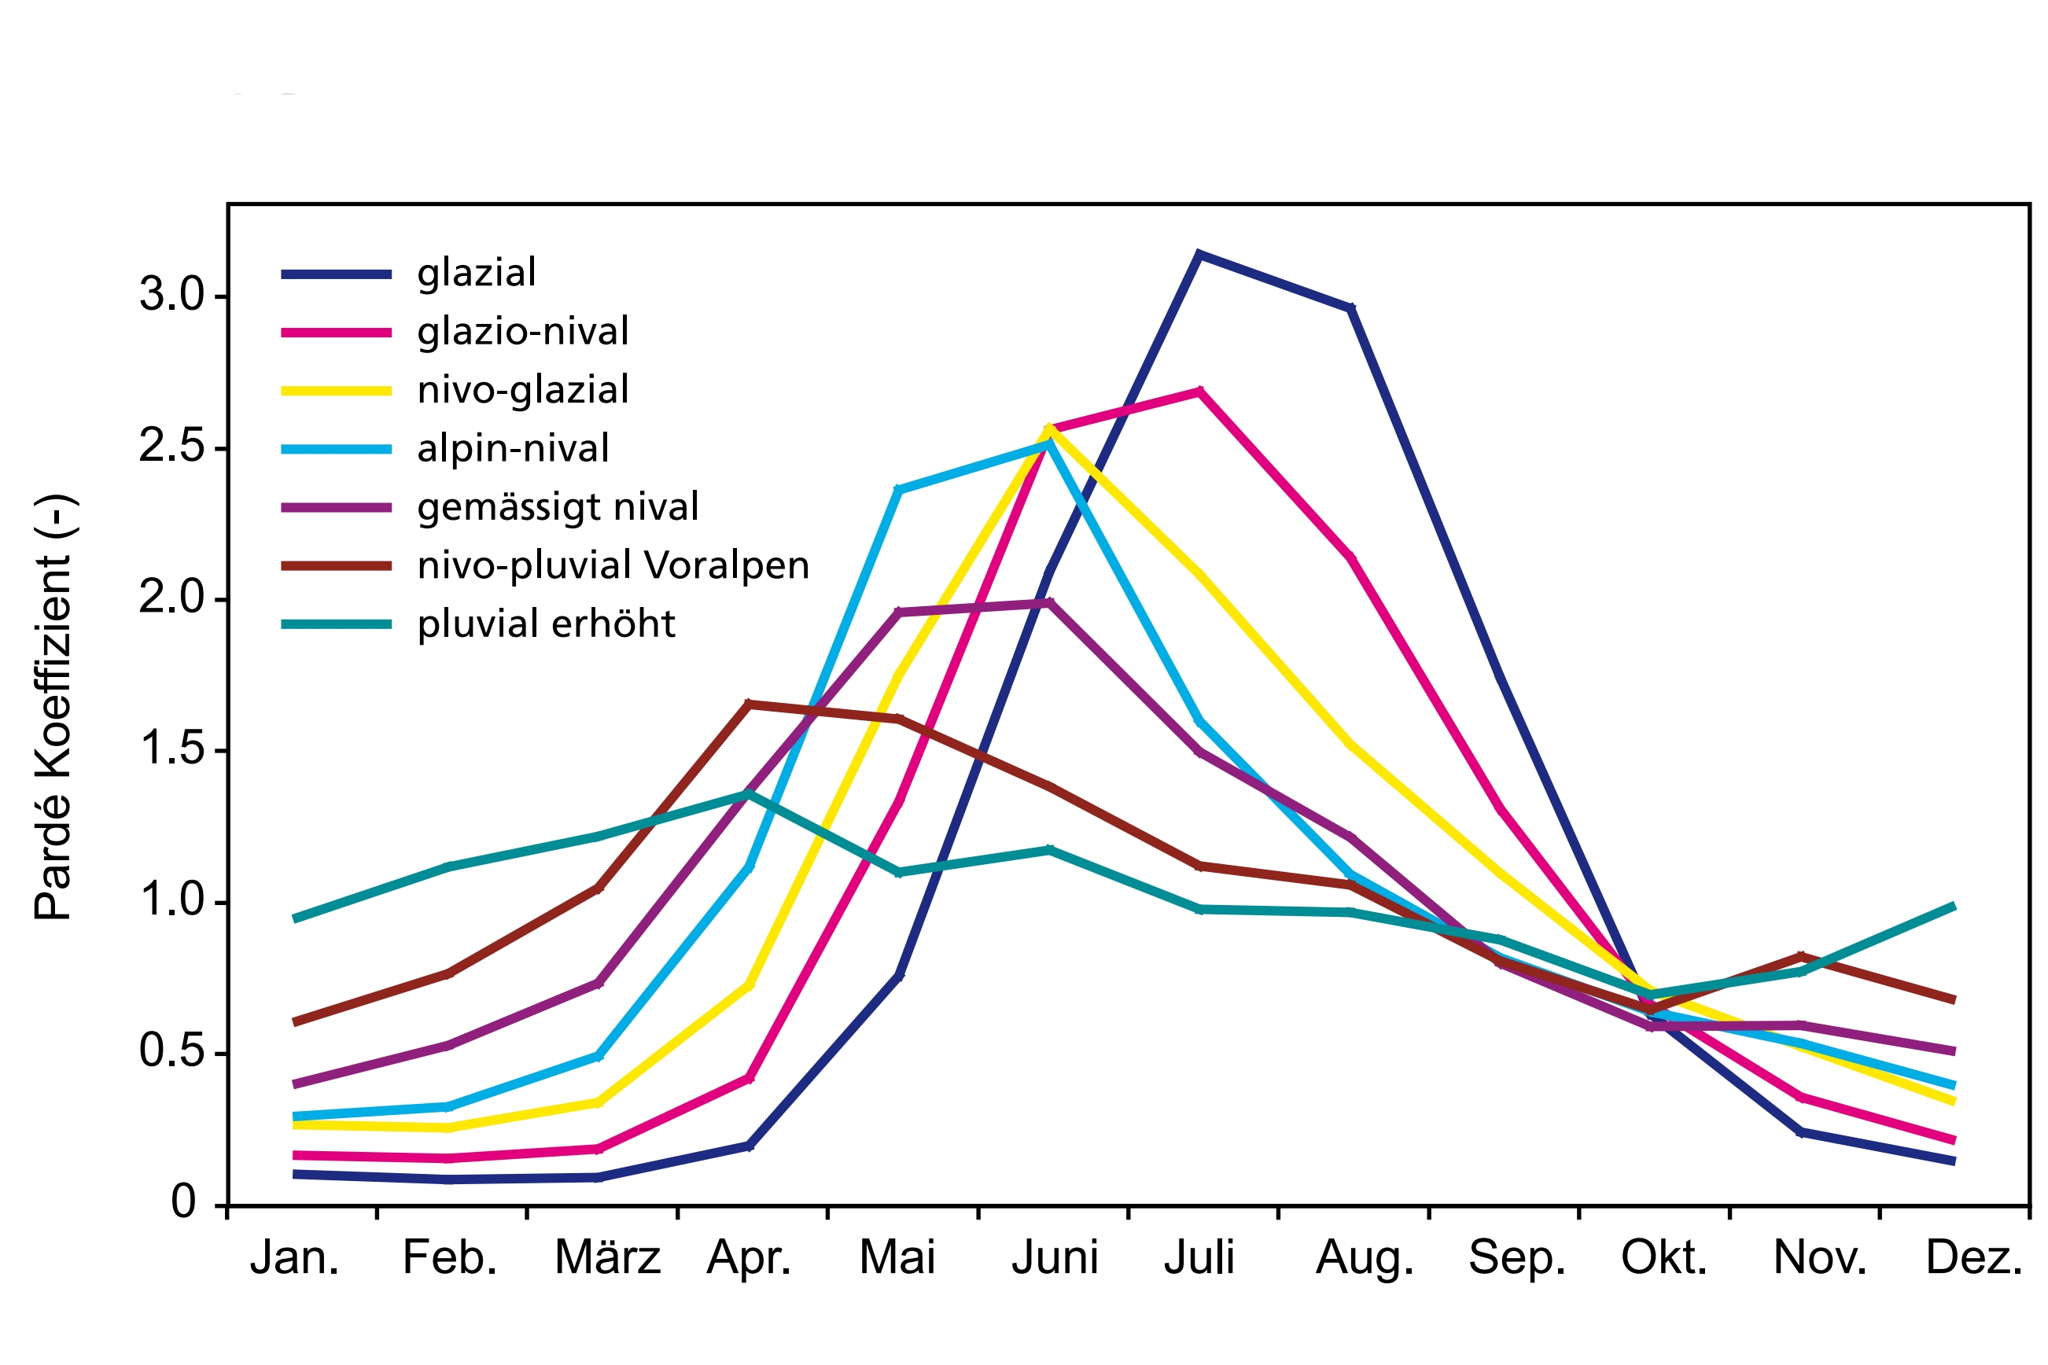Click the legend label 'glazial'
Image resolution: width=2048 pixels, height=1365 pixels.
coord(477,274)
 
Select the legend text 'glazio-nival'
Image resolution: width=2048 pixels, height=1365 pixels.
coord(522,332)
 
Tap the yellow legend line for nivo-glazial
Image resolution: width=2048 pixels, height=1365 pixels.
coord(336,391)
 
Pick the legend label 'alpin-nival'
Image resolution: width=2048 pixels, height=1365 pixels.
coord(513,449)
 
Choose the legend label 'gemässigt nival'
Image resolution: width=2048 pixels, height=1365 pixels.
coord(558,507)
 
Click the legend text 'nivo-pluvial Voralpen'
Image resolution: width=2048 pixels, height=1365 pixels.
coord(613,566)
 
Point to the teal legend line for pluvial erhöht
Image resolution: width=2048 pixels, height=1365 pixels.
coord(336,624)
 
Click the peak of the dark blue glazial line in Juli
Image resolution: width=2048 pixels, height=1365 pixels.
coord(1199,254)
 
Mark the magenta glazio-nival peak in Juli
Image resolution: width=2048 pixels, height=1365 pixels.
coord(1200,391)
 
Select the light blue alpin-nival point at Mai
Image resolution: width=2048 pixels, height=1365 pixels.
coord(897,489)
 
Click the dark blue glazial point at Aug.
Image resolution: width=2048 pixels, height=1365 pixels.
coord(1350,308)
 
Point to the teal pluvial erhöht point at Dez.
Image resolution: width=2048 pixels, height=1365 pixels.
coord(1953,907)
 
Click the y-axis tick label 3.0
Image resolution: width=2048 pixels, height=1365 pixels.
coord(171,295)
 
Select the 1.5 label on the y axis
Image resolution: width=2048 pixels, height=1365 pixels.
coord(171,749)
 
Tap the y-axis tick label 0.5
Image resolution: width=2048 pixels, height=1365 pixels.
coord(171,1051)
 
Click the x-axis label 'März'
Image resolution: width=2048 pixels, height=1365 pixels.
coord(607,1258)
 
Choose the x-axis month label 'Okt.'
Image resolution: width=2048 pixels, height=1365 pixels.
coord(1664,1258)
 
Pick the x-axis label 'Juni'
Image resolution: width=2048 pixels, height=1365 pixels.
coord(1055,1258)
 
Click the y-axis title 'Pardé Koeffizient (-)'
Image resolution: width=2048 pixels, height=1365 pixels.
coord(54,708)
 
